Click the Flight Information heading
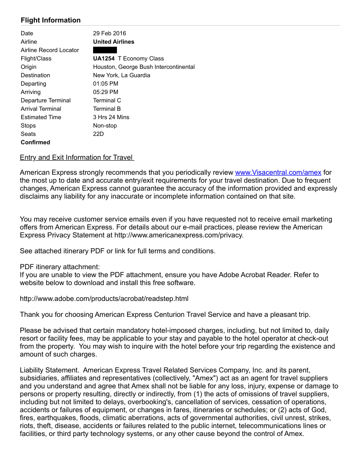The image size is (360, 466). click(51, 20)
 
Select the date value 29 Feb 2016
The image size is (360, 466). click(109, 33)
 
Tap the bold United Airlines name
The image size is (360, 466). click(113, 41)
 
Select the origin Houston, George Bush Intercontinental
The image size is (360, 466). click(144, 67)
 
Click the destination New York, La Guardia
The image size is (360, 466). click(121, 75)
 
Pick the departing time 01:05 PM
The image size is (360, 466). click(105, 83)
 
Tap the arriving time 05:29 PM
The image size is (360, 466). click(105, 92)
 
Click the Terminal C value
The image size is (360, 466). click(107, 100)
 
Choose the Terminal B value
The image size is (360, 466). click(107, 109)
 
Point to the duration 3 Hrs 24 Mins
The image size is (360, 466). click(111, 117)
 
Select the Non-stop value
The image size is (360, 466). click(105, 125)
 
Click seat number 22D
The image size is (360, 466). click(98, 134)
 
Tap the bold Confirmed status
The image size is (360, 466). click(35, 142)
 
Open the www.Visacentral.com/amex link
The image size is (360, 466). click(278, 172)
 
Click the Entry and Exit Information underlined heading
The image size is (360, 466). click(77, 158)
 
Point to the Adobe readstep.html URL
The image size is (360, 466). click(104, 299)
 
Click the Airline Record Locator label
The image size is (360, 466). click(50, 50)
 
